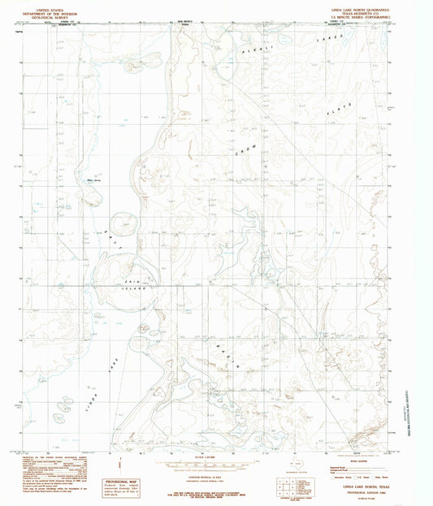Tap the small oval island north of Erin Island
click(123, 223)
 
